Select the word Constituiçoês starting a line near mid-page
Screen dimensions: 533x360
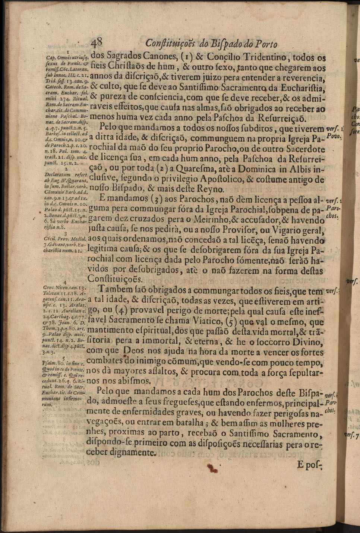115,279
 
